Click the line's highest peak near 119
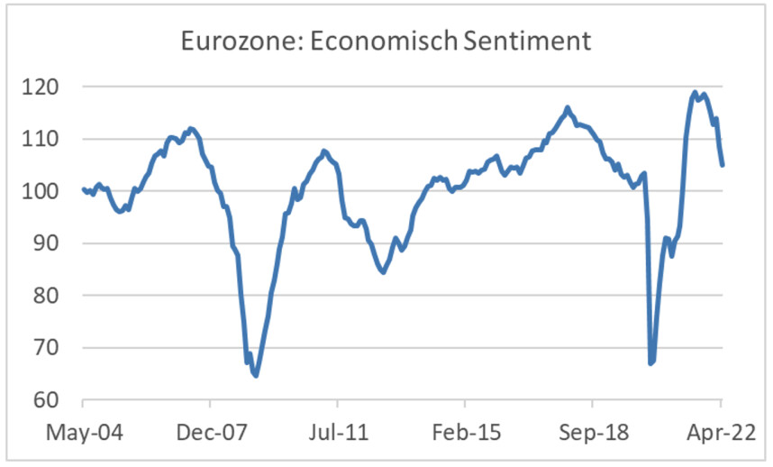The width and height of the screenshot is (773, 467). (695, 92)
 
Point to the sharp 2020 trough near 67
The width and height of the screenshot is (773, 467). (650, 363)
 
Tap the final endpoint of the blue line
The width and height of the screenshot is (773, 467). (723, 165)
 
